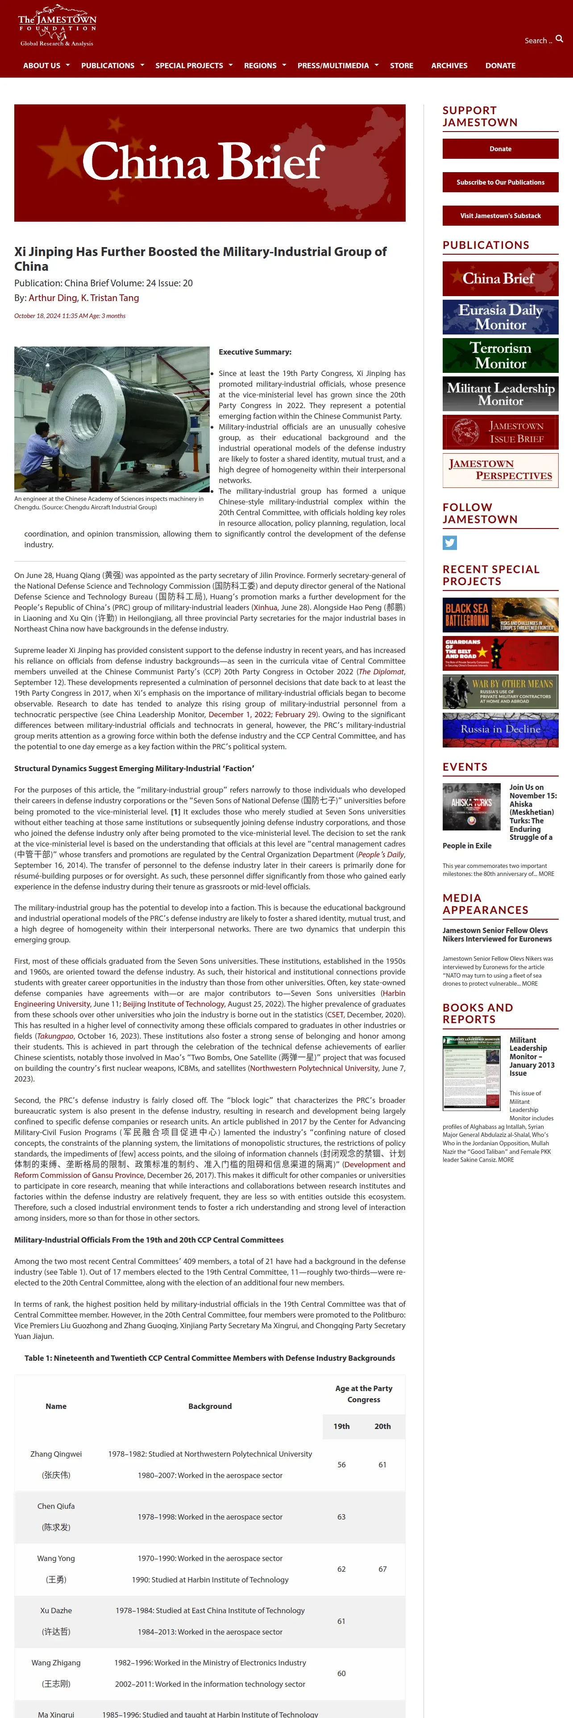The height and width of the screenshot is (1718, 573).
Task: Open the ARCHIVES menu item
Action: [x=449, y=66]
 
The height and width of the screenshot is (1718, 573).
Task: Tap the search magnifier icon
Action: [x=559, y=39]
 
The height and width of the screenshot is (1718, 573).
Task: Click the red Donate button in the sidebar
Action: [x=500, y=149]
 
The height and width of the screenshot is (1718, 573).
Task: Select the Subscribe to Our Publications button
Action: [x=500, y=182]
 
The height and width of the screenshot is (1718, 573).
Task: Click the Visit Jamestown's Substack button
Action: [x=500, y=215]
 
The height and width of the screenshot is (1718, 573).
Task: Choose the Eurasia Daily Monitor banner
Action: [x=500, y=317]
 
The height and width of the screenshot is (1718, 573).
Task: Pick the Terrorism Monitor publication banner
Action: [x=500, y=355]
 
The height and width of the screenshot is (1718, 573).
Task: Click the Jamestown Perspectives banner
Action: [x=500, y=470]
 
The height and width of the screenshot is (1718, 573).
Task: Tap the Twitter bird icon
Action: [x=449, y=543]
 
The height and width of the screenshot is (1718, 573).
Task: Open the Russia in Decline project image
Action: [x=500, y=730]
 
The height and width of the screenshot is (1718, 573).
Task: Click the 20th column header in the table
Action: [x=382, y=1426]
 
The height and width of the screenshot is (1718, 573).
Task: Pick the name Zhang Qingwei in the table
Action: [x=56, y=1454]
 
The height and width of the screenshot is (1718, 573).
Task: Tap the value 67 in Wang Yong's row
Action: [x=382, y=1569]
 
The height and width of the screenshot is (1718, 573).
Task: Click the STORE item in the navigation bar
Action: [x=402, y=66]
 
